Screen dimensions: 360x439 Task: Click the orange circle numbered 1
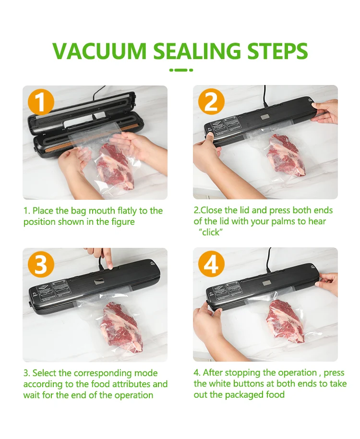click(41, 102)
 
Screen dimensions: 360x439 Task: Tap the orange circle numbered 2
click(211, 101)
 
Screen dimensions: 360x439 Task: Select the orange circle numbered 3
click(41, 264)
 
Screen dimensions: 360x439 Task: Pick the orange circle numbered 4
click(211, 264)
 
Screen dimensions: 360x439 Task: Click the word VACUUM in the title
click(99, 51)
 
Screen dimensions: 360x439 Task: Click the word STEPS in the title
click(276, 51)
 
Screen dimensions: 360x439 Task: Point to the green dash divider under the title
click(181, 70)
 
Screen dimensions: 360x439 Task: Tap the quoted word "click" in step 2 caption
click(211, 232)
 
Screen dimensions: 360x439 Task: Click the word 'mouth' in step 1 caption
click(102, 210)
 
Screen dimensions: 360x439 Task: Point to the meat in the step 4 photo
click(285, 320)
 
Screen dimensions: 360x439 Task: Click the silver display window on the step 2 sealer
click(265, 117)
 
